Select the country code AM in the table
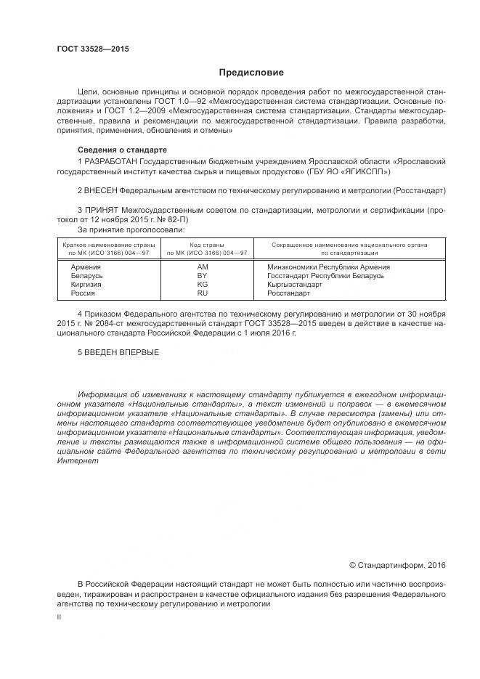pyautogui.click(x=203, y=267)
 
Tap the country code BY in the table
pyautogui.click(x=203, y=276)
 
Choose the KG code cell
pyautogui.click(x=203, y=285)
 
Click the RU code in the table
pyautogui.click(x=203, y=293)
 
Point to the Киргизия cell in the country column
pyautogui.click(x=86, y=285)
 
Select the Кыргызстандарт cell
pyautogui.click(x=294, y=285)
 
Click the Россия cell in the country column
pyautogui.click(x=83, y=293)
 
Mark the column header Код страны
pyautogui.click(x=207, y=245)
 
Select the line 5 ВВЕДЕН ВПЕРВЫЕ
pyautogui.click(x=117, y=353)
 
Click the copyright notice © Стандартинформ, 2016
pyautogui.click(x=397, y=564)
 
